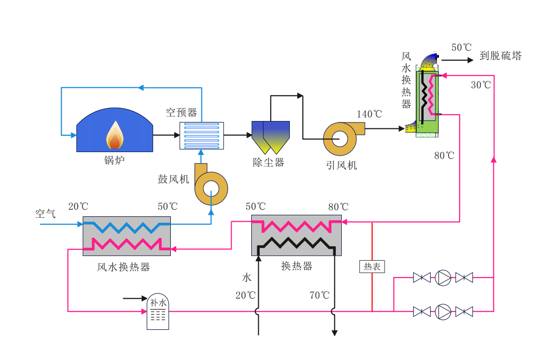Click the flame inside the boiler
pos(115,136)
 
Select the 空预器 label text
pos(181,113)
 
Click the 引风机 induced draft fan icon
pos(340,138)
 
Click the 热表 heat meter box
pos(372,267)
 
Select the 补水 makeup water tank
pos(158,312)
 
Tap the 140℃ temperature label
pos(369,115)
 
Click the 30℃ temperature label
pos(480,85)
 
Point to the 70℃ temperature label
pos(319,296)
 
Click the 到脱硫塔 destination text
pos(500,56)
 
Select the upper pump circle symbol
pos(443,278)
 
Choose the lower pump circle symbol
pos(443,312)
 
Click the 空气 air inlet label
pos(45,214)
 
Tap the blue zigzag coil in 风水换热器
pos(126,227)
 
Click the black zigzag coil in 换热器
pos(296,243)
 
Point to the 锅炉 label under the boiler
pos(115,160)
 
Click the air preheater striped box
pos(201,136)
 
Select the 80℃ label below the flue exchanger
pos(444,156)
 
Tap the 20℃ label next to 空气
pos(78,207)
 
